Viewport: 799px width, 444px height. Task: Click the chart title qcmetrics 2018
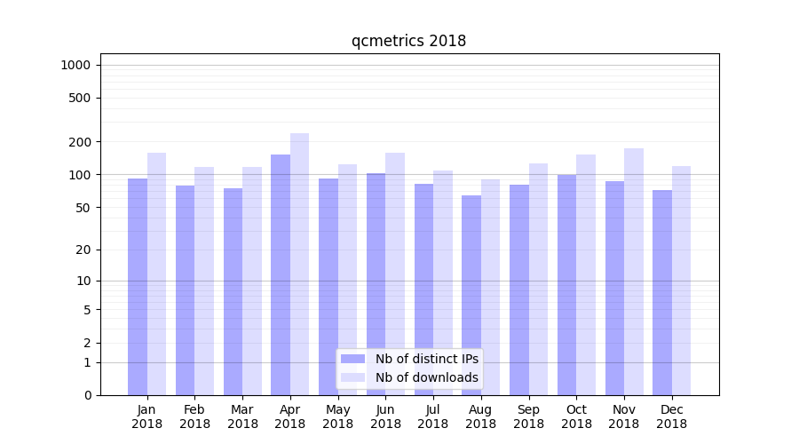point(408,41)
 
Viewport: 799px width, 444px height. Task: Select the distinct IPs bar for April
point(281,275)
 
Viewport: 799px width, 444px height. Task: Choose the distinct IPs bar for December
point(662,292)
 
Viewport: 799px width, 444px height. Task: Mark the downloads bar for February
point(204,281)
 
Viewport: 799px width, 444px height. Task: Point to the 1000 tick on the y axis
point(75,65)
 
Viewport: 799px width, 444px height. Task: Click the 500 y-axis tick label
point(80,98)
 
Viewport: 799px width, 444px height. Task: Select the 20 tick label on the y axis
point(83,250)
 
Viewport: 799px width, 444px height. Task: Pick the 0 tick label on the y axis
point(87,395)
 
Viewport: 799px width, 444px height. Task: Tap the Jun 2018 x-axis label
point(385,416)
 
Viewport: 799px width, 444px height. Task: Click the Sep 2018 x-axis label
point(528,416)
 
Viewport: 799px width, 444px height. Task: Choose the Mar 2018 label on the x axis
point(242,416)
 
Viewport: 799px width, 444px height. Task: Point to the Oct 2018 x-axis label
point(576,416)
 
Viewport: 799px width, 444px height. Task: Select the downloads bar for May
point(347,280)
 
